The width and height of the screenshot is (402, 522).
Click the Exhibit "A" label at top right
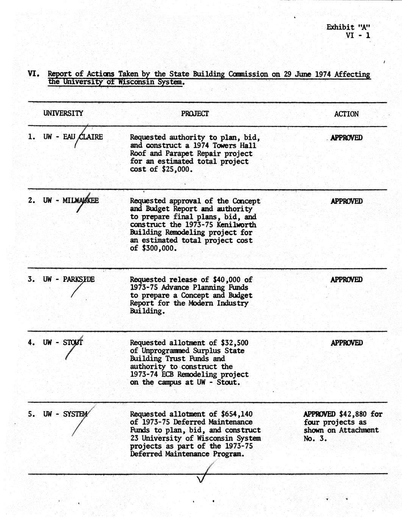click(348, 27)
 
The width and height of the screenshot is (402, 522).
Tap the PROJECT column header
click(195, 113)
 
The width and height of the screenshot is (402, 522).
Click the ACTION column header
click(346, 114)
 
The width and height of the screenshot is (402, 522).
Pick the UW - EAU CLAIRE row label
click(73, 137)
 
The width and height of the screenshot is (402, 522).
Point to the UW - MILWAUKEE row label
click(71, 200)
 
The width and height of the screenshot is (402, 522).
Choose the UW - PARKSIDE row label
click(69, 280)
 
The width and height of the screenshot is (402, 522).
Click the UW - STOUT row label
click(63, 343)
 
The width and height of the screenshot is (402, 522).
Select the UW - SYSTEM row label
click(65, 414)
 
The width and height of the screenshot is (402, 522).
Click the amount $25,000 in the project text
click(177, 169)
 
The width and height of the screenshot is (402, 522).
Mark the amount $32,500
click(234, 343)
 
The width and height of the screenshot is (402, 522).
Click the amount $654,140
click(236, 414)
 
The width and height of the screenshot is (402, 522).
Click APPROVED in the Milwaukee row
click(346, 201)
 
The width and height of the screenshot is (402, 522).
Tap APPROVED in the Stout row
click(346, 343)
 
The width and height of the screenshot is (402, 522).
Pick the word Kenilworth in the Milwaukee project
click(235, 225)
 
